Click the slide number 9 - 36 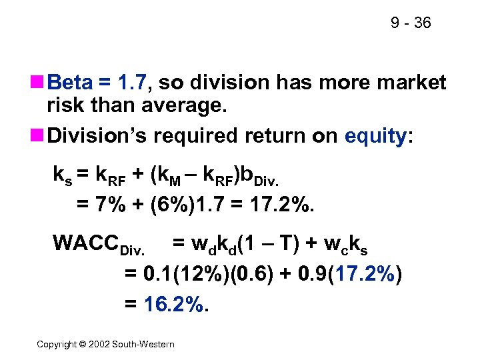tap(411, 23)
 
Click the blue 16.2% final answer tap(175, 305)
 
